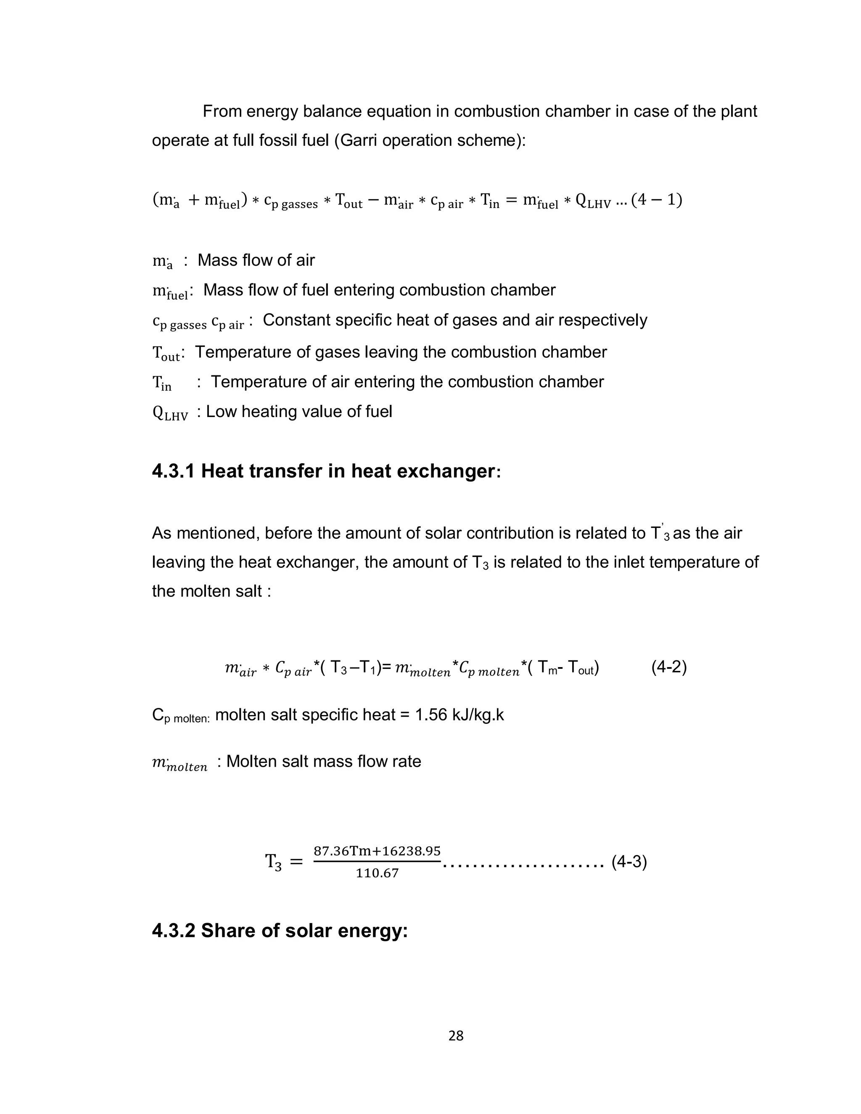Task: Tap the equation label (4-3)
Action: point(629,862)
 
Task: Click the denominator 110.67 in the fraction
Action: point(377,873)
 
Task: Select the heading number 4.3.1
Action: point(173,471)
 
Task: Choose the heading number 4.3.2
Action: point(173,931)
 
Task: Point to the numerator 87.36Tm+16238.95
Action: point(377,851)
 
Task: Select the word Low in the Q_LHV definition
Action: point(222,412)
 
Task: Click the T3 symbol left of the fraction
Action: point(273,863)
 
